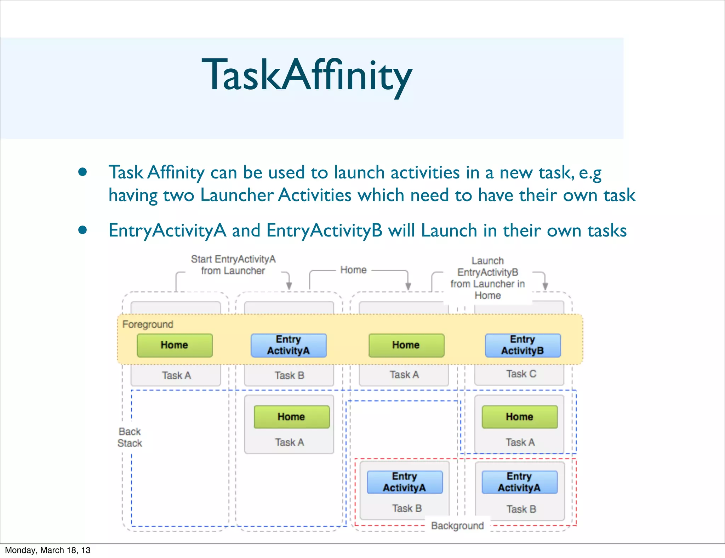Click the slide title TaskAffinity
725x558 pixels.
[307, 75]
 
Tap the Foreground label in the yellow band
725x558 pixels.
[148, 324]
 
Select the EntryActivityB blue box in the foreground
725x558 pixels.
[523, 345]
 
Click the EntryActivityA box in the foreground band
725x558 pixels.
[289, 345]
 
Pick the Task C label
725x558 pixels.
[521, 374]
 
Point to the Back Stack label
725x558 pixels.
[130, 437]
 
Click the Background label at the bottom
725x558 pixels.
[457, 526]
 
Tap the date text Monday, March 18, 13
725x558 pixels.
[48, 550]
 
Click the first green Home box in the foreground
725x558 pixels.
[175, 345]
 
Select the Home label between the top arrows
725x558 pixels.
[353, 270]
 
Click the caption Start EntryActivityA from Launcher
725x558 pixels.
[233, 265]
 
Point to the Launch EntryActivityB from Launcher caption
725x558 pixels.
[487, 278]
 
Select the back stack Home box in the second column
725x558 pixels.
[291, 417]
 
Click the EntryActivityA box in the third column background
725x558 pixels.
[404, 482]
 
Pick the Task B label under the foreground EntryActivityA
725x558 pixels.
[289, 375]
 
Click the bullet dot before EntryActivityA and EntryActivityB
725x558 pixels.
[82, 230]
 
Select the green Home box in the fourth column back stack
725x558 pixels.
[519, 417]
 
